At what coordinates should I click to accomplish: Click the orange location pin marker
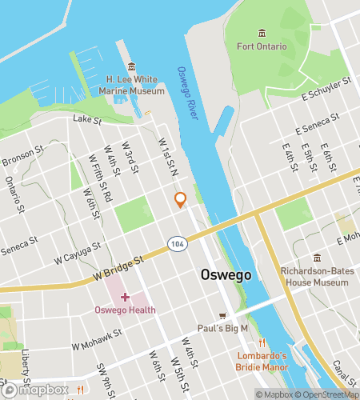[181, 200]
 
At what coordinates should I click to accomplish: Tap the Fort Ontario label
[262, 46]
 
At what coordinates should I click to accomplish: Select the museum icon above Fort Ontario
[262, 33]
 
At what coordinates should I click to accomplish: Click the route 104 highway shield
[176, 242]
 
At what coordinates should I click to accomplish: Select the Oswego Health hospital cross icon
[125, 297]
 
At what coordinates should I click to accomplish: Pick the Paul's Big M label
[223, 328]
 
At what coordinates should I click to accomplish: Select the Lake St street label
[87, 120]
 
